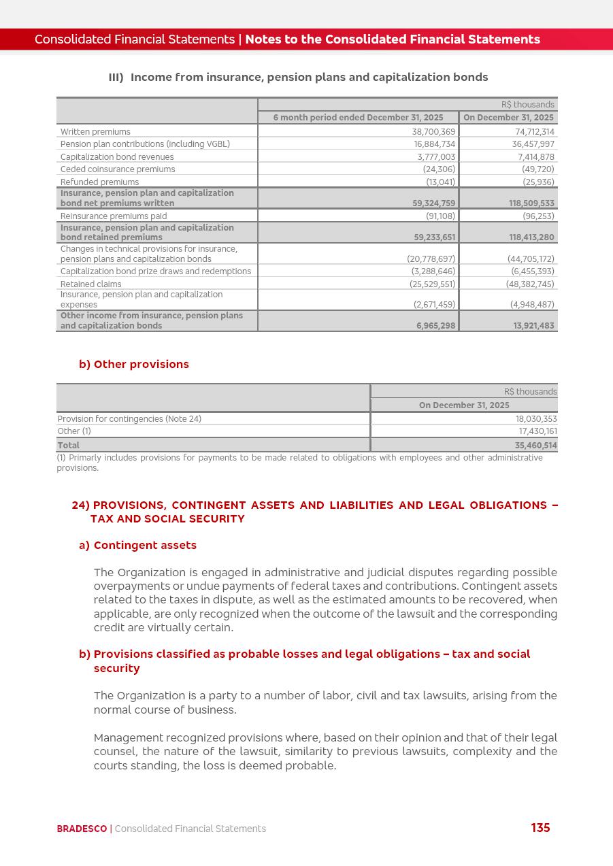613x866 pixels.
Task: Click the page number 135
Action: point(540,828)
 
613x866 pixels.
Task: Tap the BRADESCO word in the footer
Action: point(82,829)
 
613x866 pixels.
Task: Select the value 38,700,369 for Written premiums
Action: point(433,132)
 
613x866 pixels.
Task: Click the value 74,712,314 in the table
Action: point(534,132)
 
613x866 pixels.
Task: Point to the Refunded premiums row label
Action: point(99,182)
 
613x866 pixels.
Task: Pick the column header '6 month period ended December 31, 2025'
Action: point(358,118)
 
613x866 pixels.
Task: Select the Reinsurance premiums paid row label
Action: point(113,216)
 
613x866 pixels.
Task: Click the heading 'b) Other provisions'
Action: point(134,365)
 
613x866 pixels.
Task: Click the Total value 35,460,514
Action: point(535,446)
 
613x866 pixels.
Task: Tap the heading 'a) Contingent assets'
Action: point(138,546)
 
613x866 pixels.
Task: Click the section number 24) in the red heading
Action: point(80,505)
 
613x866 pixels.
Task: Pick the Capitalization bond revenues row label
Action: point(117,157)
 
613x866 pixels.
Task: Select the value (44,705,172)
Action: point(531,259)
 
